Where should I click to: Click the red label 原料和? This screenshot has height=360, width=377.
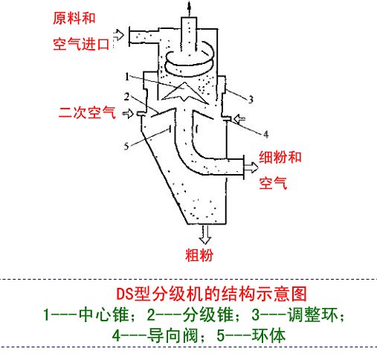[74, 19]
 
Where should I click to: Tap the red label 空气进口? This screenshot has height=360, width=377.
[81, 45]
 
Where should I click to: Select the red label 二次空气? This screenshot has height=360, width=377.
[87, 113]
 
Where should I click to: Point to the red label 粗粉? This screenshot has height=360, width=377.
[199, 255]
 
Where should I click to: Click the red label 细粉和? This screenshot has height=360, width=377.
[280, 157]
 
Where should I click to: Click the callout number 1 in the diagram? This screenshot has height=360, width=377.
[127, 77]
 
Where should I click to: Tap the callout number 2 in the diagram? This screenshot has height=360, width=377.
[126, 97]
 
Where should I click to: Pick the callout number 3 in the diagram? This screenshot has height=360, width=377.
[251, 100]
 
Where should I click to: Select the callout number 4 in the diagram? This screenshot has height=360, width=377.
[266, 135]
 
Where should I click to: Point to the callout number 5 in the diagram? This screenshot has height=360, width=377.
[126, 147]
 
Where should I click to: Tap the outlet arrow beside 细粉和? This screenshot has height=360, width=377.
[251, 167]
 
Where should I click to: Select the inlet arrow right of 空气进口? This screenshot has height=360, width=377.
[119, 35]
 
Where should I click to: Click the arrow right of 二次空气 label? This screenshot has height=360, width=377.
[128, 114]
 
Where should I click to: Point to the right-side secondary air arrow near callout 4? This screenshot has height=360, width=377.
[239, 119]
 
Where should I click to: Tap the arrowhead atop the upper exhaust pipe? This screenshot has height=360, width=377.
[189, 5]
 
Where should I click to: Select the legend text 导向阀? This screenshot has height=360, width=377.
[173, 335]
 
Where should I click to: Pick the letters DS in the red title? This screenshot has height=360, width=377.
[125, 294]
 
